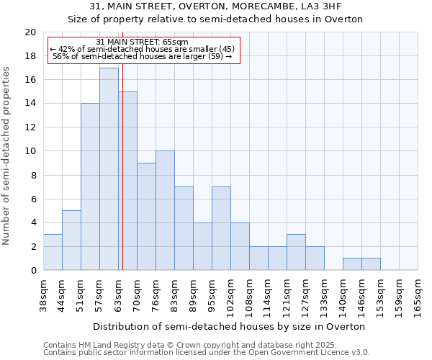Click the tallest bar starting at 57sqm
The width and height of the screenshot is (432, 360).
click(109, 169)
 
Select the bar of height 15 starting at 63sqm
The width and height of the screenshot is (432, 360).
click(128, 181)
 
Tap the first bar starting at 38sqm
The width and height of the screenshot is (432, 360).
click(53, 252)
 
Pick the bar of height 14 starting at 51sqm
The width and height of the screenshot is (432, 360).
click(90, 186)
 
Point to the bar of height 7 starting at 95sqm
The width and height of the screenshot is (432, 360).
click(221, 228)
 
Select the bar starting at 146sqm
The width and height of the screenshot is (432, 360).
click(371, 264)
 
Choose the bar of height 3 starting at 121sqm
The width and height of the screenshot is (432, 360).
click(296, 252)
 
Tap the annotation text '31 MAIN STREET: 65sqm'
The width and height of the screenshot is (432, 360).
click(143, 42)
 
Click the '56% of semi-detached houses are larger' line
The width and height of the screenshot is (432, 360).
click(143, 56)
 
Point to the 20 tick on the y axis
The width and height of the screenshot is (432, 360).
click(30, 32)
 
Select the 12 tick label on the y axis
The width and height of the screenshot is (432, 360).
click(30, 127)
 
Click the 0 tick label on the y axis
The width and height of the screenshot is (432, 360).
click(33, 271)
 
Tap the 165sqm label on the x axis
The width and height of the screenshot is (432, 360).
click(418, 294)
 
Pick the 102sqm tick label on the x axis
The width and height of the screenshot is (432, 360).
click(230, 295)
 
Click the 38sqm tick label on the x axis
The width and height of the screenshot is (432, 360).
click(43, 294)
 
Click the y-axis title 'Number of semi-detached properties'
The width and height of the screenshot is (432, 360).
click(7, 156)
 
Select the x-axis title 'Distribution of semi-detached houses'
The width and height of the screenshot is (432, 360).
click(230, 326)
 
